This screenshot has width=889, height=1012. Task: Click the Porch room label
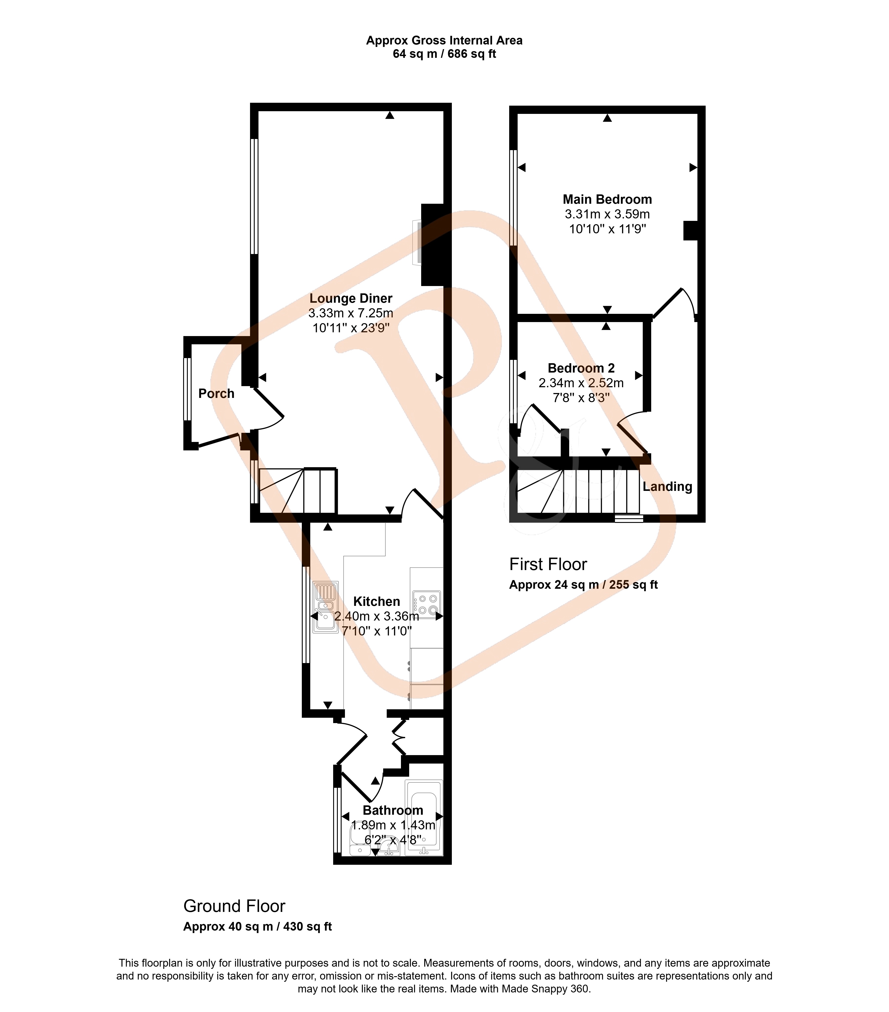[216, 394]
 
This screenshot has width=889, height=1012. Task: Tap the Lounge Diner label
[351, 298]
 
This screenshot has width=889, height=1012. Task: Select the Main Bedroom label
[607, 200]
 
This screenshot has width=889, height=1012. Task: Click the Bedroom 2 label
[581, 368]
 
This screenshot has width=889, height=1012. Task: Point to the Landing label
[667, 487]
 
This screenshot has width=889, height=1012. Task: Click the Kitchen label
[376, 602]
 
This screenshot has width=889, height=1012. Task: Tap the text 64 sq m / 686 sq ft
[444, 54]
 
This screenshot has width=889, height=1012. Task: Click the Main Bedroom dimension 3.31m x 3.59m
[607, 214]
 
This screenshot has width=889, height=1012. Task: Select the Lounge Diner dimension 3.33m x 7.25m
[351, 313]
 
